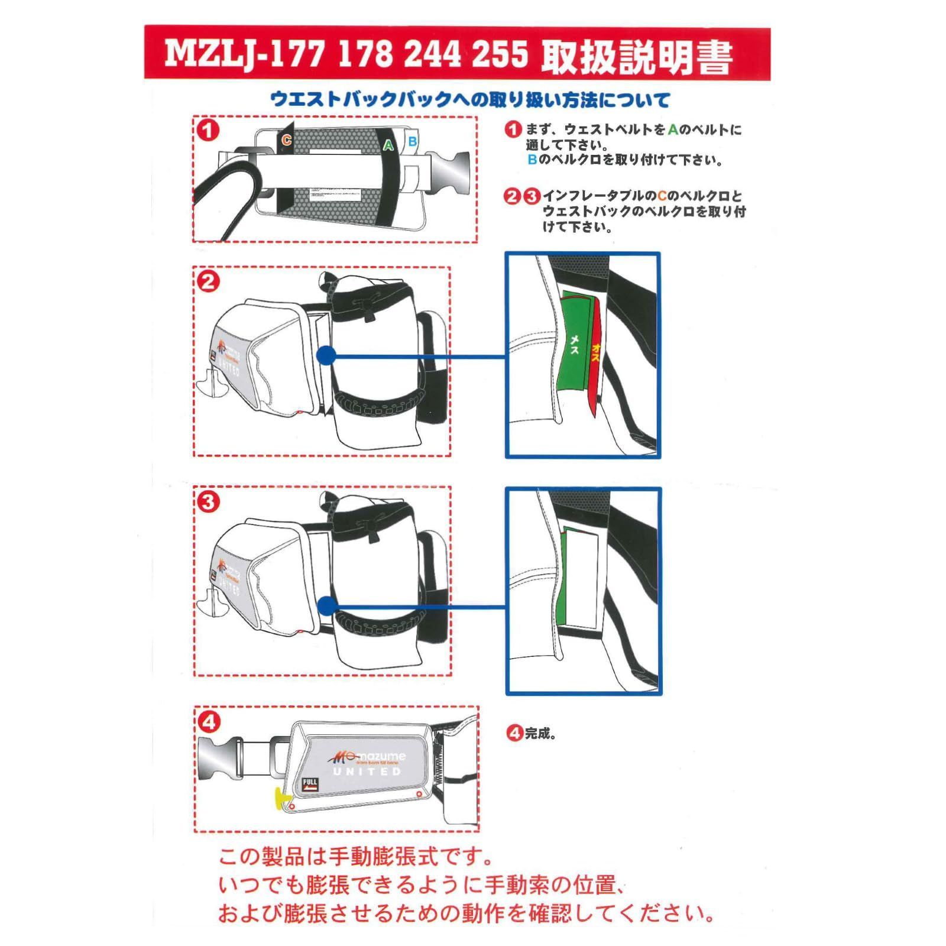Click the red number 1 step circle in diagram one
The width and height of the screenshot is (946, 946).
pyautogui.click(x=208, y=130)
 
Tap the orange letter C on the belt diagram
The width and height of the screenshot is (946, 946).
pyautogui.click(x=287, y=140)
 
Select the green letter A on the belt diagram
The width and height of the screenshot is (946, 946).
pyautogui.click(x=388, y=145)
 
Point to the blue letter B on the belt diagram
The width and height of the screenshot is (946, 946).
pyautogui.click(x=413, y=142)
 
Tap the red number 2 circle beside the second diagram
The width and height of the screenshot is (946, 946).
pyautogui.click(x=208, y=281)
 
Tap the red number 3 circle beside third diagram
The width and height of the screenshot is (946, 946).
pyautogui.click(x=208, y=502)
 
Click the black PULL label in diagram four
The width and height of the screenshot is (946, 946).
pyautogui.click(x=310, y=784)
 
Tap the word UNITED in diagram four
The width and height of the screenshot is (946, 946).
pyautogui.click(x=367, y=772)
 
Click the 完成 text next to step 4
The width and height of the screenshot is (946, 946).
pyautogui.click(x=539, y=734)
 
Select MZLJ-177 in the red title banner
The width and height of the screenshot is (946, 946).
pyautogui.click(x=244, y=54)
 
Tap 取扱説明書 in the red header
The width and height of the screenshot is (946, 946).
pyautogui.click(x=637, y=56)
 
